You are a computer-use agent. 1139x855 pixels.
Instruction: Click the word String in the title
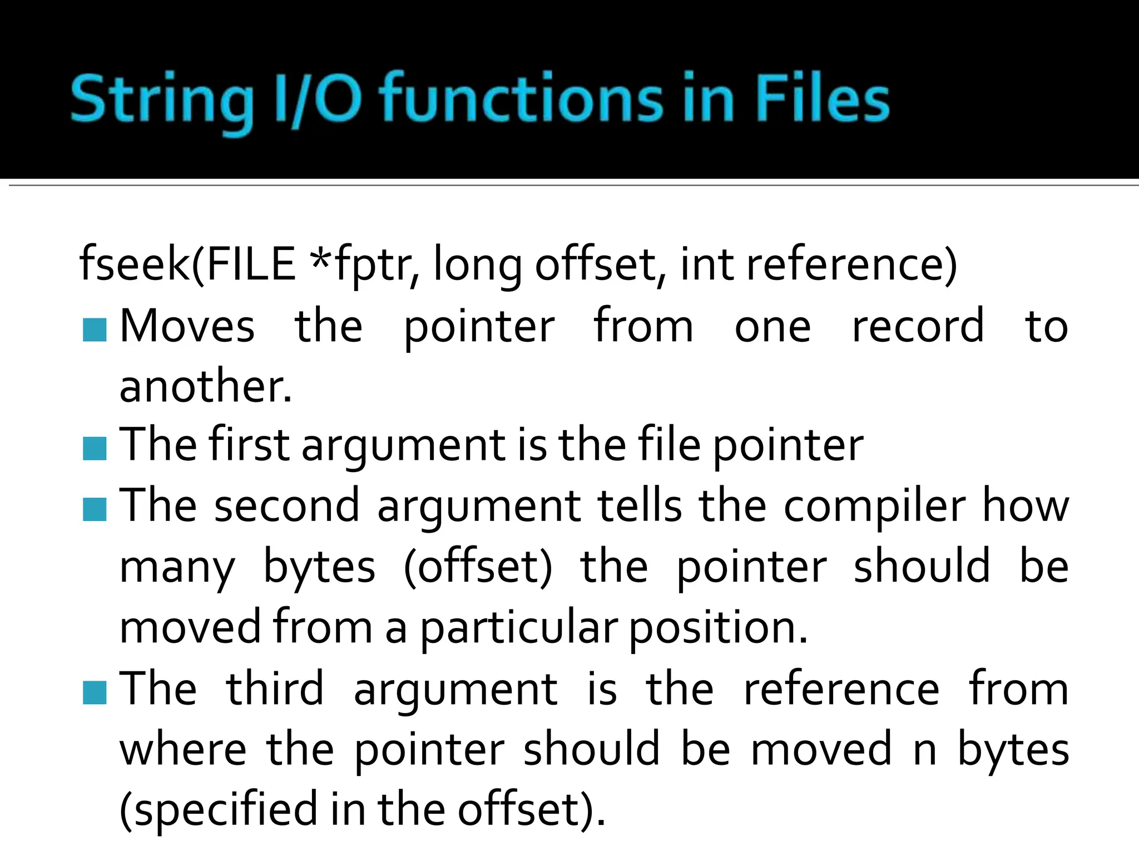[161, 100]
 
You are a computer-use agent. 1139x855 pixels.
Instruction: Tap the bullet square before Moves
[95, 330]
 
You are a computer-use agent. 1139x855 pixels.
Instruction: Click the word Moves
[187, 326]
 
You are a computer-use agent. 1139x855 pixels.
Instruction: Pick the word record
[918, 326]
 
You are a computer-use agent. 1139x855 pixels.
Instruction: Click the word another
[205, 386]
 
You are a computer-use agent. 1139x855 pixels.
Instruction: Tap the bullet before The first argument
[95, 449]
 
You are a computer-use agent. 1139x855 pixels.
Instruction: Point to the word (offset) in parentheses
[478, 568]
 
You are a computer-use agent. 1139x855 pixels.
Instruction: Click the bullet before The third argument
[95, 692]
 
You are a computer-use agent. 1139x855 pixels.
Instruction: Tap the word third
[275, 689]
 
